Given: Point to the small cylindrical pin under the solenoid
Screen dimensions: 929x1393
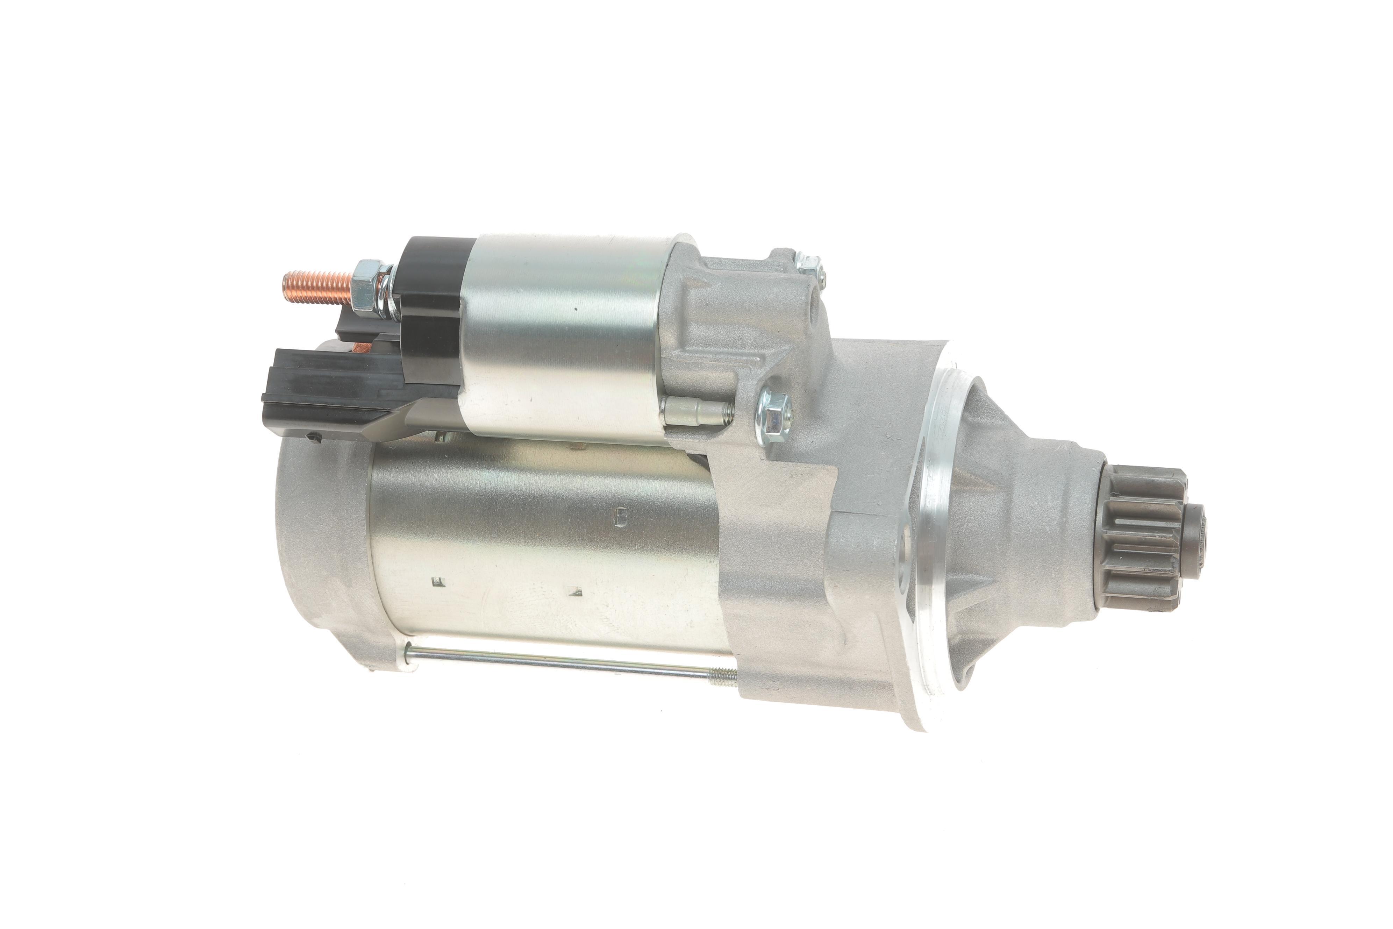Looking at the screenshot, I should point(693,412).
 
